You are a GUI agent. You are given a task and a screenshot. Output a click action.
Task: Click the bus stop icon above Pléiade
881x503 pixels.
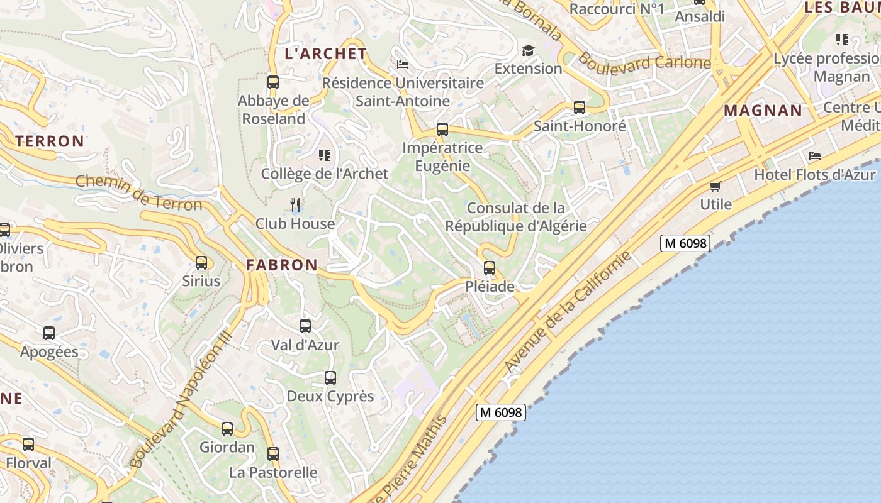pyautogui.click(x=489, y=268)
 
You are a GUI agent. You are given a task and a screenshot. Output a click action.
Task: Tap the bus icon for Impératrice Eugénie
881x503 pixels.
pyautogui.click(x=442, y=130)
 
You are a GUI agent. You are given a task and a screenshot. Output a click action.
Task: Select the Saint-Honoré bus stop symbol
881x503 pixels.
pyautogui.click(x=580, y=108)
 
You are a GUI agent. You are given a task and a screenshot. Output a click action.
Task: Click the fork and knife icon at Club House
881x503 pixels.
pyautogui.click(x=295, y=204)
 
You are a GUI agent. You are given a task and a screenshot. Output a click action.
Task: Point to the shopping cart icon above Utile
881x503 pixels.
pyautogui.click(x=715, y=186)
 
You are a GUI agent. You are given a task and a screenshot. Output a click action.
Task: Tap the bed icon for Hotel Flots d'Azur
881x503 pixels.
pyautogui.click(x=815, y=155)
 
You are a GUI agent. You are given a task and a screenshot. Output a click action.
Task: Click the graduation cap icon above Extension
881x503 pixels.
pyautogui.click(x=528, y=50)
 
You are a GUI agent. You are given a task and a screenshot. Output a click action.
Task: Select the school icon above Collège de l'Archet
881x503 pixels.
pyautogui.click(x=325, y=155)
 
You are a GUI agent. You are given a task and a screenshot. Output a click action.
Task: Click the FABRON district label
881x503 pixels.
pyautogui.click(x=282, y=265)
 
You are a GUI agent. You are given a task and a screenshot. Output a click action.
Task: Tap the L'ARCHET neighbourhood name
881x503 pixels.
pyautogui.click(x=325, y=53)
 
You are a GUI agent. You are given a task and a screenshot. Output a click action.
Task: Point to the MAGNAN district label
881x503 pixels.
pyautogui.click(x=763, y=111)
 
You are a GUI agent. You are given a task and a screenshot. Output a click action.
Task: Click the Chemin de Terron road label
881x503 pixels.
pyautogui.click(x=139, y=193)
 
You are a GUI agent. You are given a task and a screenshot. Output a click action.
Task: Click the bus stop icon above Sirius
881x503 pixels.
pyautogui.click(x=201, y=263)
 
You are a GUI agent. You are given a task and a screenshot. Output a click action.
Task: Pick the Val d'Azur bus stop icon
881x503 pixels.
pyautogui.click(x=305, y=326)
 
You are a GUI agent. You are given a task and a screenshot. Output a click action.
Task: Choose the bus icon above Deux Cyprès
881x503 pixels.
pyautogui.click(x=330, y=378)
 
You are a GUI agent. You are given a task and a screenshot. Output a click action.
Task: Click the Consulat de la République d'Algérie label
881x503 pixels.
pyautogui.click(x=515, y=217)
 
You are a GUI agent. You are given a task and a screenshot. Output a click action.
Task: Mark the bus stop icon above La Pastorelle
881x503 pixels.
pyautogui.click(x=272, y=454)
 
